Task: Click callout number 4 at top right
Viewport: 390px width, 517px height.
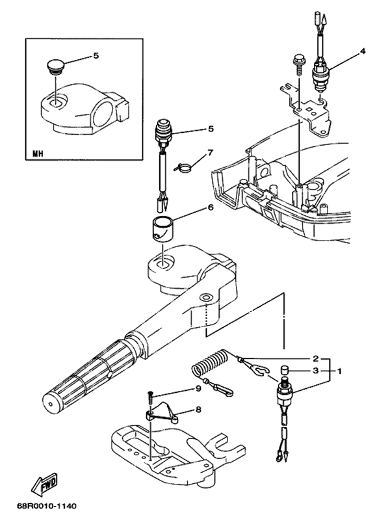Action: pyautogui.click(x=363, y=51)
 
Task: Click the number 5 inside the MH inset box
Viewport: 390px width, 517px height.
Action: pyautogui.click(x=96, y=56)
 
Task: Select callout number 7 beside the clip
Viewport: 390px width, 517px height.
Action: pyautogui.click(x=210, y=153)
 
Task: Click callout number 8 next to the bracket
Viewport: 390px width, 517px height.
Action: pyautogui.click(x=198, y=410)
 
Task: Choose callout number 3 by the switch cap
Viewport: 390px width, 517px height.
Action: pyautogui.click(x=315, y=371)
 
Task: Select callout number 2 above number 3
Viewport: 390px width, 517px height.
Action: pyautogui.click(x=315, y=358)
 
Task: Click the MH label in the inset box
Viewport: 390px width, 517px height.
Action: pyautogui.click(x=38, y=155)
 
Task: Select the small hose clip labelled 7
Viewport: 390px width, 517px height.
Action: pyautogui.click(x=183, y=166)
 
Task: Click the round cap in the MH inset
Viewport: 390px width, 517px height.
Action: pyautogui.click(x=55, y=68)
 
